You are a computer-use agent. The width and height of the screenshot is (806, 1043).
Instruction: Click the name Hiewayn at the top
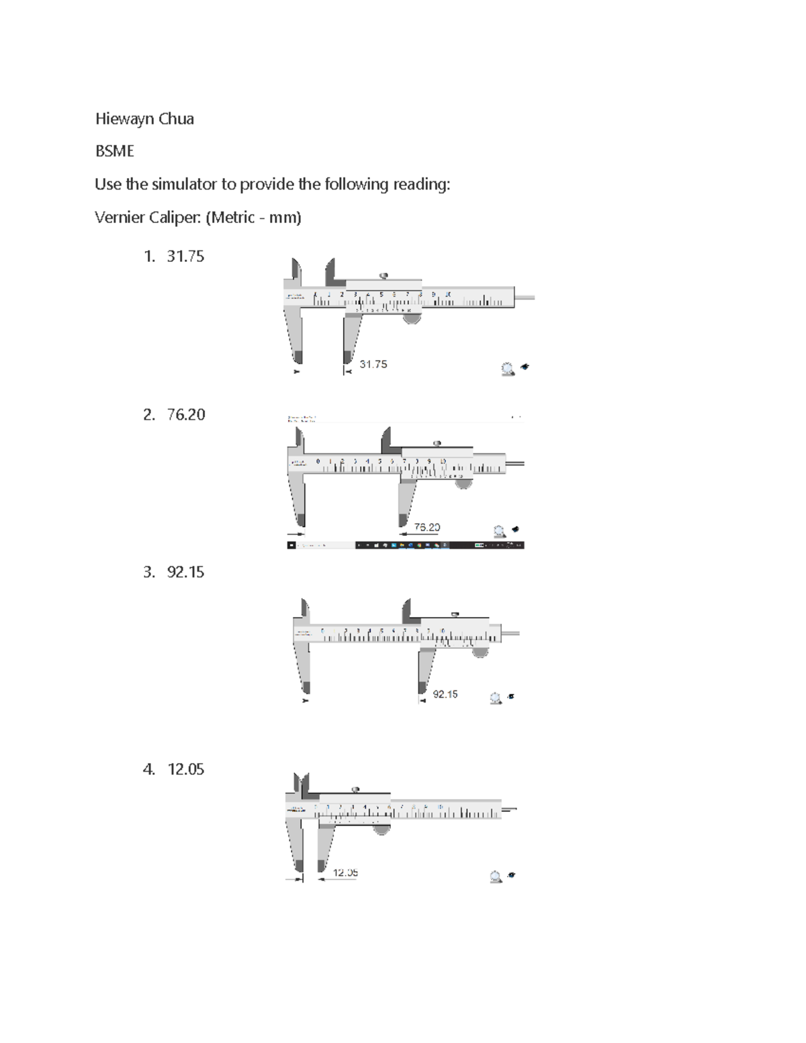(x=127, y=120)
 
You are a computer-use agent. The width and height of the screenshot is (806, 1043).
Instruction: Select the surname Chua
(x=177, y=119)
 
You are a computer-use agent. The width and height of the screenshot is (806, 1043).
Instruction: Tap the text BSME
(x=114, y=151)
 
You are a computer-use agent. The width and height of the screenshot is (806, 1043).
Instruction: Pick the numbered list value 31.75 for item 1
(x=185, y=256)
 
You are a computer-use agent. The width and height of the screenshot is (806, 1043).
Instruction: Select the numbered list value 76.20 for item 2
(x=186, y=414)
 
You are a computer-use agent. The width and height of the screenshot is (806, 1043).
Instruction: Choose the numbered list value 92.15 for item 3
(x=185, y=572)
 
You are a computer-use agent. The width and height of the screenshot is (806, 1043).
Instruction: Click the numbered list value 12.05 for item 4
(x=185, y=769)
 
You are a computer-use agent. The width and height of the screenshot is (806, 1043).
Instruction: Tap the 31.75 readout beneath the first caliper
(x=373, y=364)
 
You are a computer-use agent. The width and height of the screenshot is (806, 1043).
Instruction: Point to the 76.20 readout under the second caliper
(x=427, y=527)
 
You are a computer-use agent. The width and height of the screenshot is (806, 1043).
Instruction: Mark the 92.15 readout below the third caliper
(x=445, y=694)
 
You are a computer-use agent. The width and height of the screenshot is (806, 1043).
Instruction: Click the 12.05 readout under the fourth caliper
(x=345, y=872)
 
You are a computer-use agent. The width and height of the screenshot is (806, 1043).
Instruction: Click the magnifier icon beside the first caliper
(x=508, y=369)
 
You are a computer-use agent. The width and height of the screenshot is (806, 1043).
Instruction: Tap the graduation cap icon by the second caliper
(x=515, y=529)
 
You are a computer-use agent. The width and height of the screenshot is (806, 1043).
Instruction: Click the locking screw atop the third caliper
(x=455, y=614)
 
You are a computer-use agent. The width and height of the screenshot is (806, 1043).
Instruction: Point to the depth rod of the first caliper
(x=525, y=297)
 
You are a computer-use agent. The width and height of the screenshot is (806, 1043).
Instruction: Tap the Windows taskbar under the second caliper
(x=405, y=545)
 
